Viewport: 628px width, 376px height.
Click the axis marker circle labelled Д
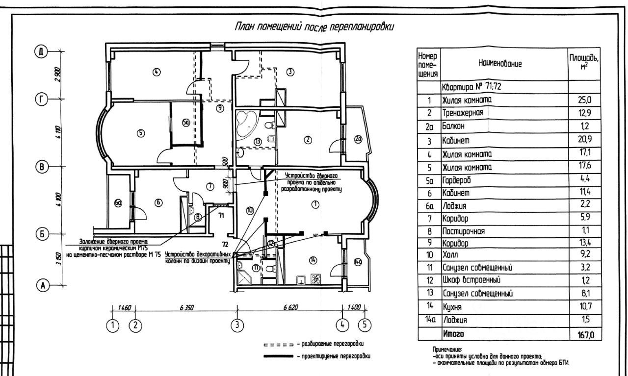(x=43, y=51)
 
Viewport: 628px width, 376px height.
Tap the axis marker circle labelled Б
(x=43, y=234)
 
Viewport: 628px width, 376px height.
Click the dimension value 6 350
(x=187, y=308)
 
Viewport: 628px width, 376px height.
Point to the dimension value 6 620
(x=290, y=308)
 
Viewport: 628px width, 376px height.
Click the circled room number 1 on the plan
(x=315, y=205)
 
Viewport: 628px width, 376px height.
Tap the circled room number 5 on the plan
(x=141, y=133)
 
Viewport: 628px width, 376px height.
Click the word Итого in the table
(x=453, y=334)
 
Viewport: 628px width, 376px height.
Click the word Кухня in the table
(x=453, y=307)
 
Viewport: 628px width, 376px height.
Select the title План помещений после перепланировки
(x=314, y=26)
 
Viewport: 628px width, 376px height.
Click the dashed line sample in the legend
(x=279, y=344)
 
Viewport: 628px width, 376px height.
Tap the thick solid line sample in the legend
(x=279, y=356)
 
